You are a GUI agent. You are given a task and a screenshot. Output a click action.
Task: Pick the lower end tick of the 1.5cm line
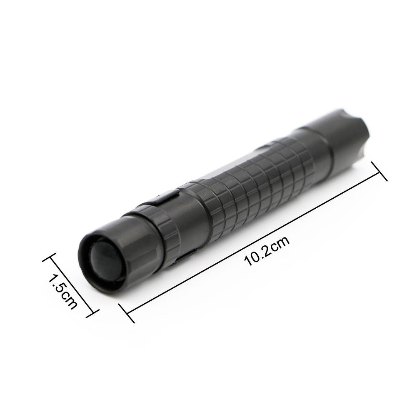[x=92, y=314]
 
